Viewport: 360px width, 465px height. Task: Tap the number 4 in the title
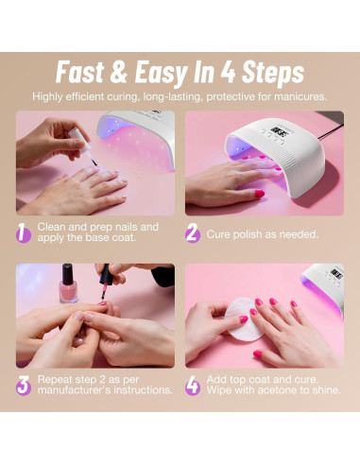coord(226,73)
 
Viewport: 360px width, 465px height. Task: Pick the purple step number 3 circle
coord(24,385)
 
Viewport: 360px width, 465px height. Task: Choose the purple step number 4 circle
coord(193,385)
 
